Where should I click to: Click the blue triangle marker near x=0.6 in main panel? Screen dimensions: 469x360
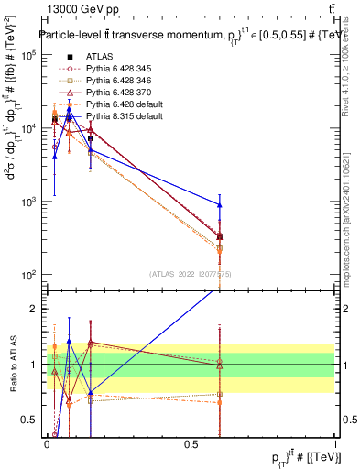(219, 204)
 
